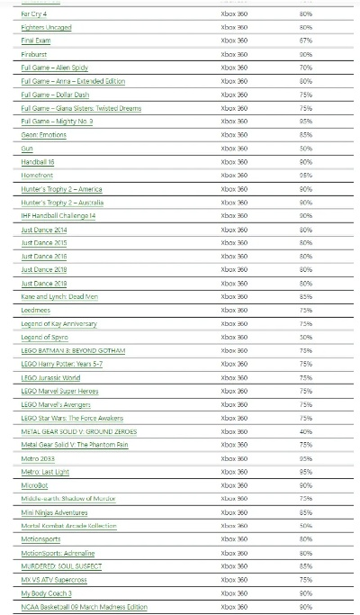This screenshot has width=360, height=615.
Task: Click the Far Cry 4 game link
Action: pyautogui.click(x=35, y=14)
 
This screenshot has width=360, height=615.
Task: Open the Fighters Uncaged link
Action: pyautogui.click(x=46, y=28)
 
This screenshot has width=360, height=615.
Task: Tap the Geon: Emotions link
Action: pyautogui.click(x=42, y=135)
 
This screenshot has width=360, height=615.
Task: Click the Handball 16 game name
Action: pyautogui.click(x=39, y=162)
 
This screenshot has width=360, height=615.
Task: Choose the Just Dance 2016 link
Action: pyautogui.click(x=44, y=257)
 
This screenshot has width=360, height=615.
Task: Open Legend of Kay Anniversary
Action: pyautogui.click(x=58, y=323)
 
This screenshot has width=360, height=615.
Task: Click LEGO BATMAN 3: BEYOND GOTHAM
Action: pyautogui.click(x=73, y=350)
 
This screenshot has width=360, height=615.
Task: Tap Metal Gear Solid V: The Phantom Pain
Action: pyautogui.click(x=75, y=445)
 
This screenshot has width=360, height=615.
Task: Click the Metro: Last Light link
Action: pyautogui.click(x=45, y=472)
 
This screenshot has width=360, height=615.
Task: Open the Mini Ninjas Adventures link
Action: pyautogui.click(x=54, y=512)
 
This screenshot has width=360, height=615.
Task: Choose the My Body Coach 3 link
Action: pyautogui.click(x=46, y=593)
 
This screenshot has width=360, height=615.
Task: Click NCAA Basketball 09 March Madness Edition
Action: pyautogui.click(x=84, y=607)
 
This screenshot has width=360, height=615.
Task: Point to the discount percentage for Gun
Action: pyautogui.click(x=306, y=149)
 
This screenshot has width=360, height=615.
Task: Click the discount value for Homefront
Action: pyautogui.click(x=306, y=176)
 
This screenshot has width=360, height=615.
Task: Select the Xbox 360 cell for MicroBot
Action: pyautogui.click(x=234, y=485)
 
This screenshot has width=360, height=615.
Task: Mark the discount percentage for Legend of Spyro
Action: pyautogui.click(x=306, y=337)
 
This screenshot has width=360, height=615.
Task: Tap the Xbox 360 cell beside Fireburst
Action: pyautogui.click(x=234, y=55)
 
